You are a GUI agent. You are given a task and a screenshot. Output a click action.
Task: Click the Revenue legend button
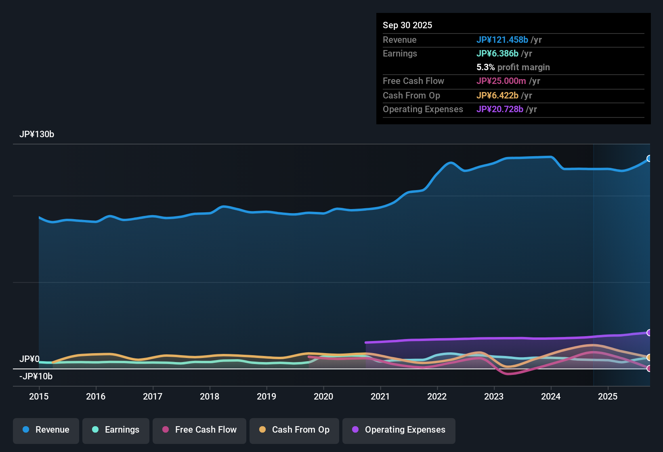click(46, 430)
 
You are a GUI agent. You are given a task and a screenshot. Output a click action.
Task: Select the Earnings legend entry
click(116, 430)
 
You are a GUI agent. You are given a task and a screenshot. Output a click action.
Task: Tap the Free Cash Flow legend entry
click(199, 430)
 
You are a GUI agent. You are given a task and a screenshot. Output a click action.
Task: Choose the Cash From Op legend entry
click(294, 430)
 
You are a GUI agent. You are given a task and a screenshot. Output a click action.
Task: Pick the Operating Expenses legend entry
click(399, 430)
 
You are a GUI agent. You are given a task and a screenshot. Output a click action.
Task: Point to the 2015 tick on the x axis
click(39, 396)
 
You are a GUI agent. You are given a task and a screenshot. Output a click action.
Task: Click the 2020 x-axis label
click(323, 396)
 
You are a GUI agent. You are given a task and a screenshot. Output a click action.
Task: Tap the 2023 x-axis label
click(494, 396)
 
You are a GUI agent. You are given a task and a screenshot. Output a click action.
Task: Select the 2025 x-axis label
click(608, 396)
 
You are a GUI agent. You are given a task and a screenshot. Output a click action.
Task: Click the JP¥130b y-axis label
click(37, 134)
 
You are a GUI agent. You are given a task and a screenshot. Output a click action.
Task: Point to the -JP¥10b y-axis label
click(36, 377)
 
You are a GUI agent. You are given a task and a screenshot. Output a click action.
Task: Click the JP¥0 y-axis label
click(29, 359)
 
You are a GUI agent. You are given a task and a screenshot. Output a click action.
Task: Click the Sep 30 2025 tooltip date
click(407, 25)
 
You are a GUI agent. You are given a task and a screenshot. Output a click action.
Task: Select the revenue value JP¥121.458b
click(502, 40)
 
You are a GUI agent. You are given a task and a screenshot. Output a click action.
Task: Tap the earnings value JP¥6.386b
click(497, 53)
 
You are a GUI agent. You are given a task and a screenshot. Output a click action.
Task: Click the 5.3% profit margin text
click(513, 67)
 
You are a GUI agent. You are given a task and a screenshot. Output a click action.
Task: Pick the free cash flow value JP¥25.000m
click(501, 81)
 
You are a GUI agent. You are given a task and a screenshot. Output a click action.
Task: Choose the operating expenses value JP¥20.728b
click(500, 109)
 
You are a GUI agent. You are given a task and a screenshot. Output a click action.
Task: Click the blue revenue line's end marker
click(649, 159)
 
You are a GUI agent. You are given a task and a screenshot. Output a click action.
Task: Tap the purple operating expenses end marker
click(649, 333)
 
